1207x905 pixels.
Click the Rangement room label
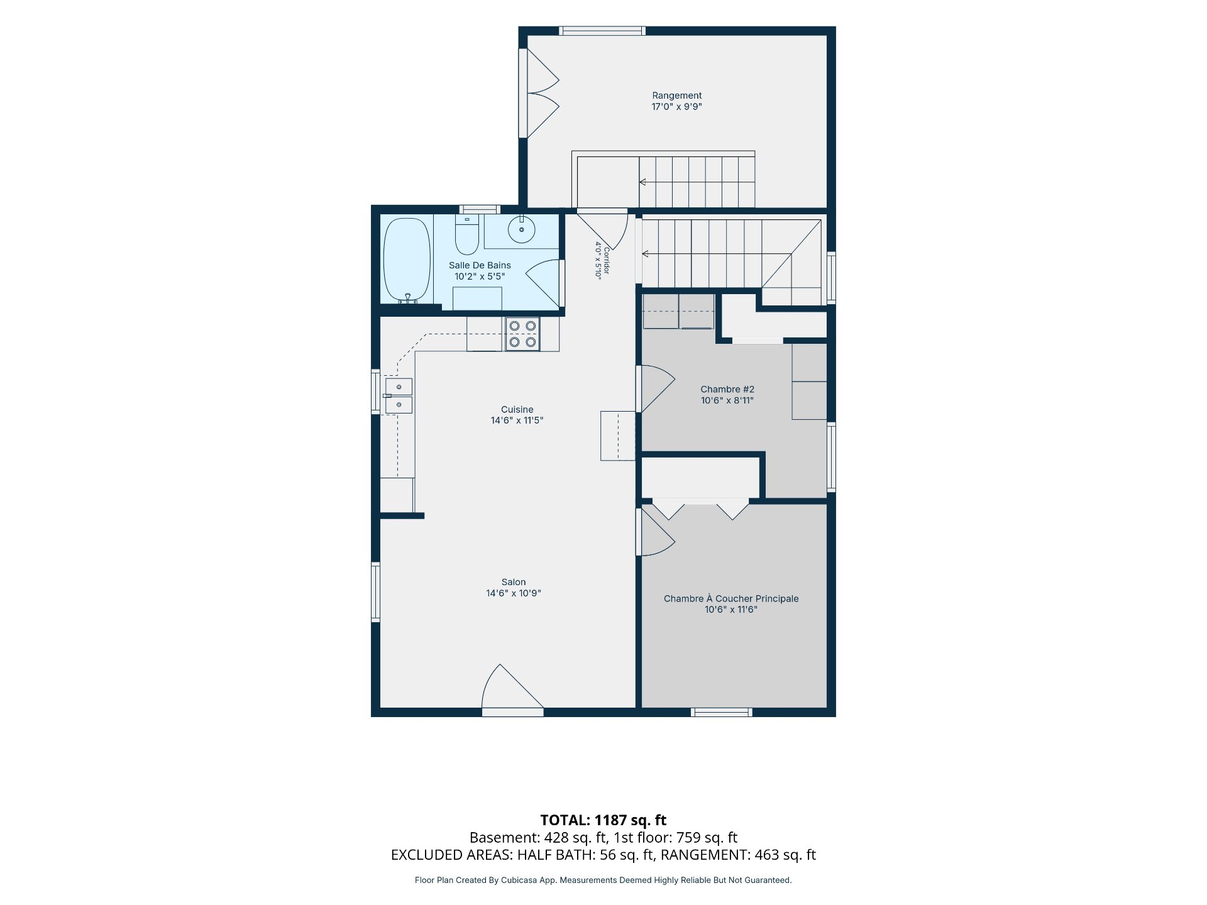[x=676, y=96]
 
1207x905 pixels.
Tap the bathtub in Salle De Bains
[x=407, y=260]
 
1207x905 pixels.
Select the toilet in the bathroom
[x=467, y=234]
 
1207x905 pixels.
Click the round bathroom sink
[x=522, y=229]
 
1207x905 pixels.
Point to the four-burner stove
[x=522, y=334]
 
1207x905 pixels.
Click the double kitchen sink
[x=398, y=396]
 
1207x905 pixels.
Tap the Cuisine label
[x=517, y=410]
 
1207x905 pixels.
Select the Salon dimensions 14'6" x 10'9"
[x=514, y=593]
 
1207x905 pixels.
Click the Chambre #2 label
[x=727, y=390]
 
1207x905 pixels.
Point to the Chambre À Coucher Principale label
[x=731, y=599]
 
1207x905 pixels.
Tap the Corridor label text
[x=606, y=261]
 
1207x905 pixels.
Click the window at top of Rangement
[x=602, y=31]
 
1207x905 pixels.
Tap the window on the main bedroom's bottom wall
[x=722, y=712]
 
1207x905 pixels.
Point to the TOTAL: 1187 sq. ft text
[x=603, y=820]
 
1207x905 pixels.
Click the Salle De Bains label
[x=480, y=266]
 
